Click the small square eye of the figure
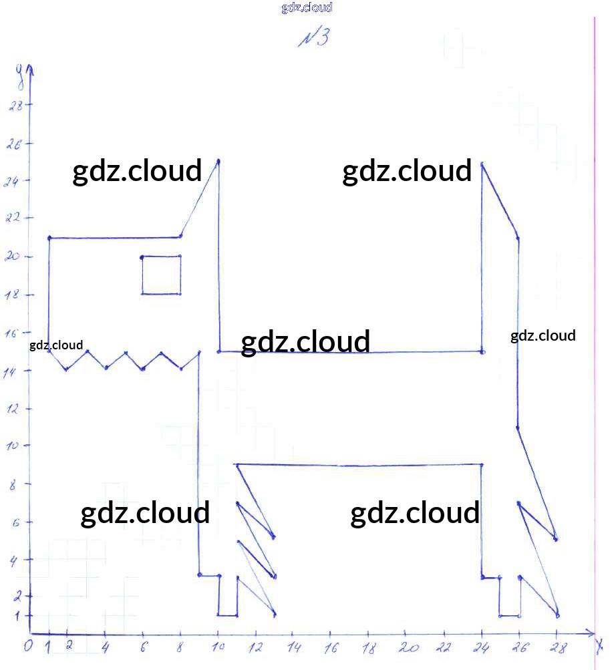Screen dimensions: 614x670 click(161, 275)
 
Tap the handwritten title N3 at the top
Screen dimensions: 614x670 click(313, 37)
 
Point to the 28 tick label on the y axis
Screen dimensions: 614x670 click(15, 106)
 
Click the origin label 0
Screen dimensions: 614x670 click(27, 646)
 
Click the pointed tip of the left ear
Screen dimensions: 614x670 click(218, 160)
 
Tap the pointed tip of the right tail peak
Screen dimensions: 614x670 click(482, 163)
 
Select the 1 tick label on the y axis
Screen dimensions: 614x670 click(17, 615)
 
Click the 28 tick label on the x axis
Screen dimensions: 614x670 click(557, 647)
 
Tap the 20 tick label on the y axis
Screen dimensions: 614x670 click(13, 257)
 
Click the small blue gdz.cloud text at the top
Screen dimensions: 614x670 click(307, 8)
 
